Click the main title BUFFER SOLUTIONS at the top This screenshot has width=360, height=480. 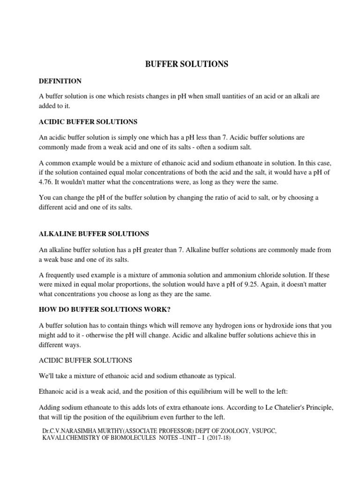(x=187, y=65)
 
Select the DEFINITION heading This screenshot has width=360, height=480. (x=60, y=81)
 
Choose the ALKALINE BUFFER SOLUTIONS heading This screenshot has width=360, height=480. (x=94, y=233)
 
